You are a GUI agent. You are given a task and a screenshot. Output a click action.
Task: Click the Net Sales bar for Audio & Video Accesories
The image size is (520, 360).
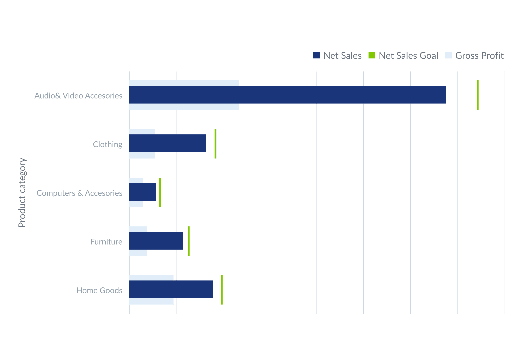pyautogui.click(x=287, y=95)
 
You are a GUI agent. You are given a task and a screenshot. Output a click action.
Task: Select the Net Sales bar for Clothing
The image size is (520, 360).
pyautogui.click(x=168, y=143)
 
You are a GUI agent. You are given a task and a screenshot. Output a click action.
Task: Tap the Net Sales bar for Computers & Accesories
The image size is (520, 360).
pyautogui.click(x=143, y=192)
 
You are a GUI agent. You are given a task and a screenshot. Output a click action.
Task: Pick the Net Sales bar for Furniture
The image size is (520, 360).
pyautogui.click(x=156, y=241)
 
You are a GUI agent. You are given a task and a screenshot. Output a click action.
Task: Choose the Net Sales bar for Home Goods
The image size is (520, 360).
pyautogui.click(x=171, y=289)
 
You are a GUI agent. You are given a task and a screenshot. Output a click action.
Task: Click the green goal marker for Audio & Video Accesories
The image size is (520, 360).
pyautogui.click(x=477, y=95)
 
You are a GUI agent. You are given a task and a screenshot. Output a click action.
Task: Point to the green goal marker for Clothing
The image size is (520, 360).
pyautogui.click(x=215, y=144)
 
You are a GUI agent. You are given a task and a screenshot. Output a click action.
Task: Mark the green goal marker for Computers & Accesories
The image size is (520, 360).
pyautogui.click(x=160, y=192)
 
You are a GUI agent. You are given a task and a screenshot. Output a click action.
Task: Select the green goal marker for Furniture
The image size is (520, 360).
pyautogui.click(x=189, y=241)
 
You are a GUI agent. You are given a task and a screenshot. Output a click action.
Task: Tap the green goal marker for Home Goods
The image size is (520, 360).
pyautogui.click(x=222, y=290)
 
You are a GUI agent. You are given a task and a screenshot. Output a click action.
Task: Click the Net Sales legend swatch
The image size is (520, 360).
pyautogui.click(x=316, y=55)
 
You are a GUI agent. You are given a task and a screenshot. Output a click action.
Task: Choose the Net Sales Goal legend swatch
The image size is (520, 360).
pyautogui.click(x=372, y=55)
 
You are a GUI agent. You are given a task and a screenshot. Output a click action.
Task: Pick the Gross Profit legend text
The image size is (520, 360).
pyautogui.click(x=479, y=56)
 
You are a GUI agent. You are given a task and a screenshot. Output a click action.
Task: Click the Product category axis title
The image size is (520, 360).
pyautogui.click(x=22, y=192)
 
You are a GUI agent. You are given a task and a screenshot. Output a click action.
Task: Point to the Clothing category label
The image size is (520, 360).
pyautogui.click(x=107, y=144)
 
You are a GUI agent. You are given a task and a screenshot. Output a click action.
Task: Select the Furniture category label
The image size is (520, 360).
pyautogui.click(x=106, y=242)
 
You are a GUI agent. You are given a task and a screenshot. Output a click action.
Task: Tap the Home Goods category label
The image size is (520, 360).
pyautogui.click(x=99, y=290)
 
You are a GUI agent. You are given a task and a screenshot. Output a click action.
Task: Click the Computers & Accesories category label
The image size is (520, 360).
pyautogui.click(x=79, y=193)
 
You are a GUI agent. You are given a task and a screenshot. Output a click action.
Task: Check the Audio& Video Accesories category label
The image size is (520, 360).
pyautogui.click(x=78, y=96)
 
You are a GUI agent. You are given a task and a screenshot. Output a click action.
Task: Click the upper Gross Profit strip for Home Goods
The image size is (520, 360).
pyautogui.click(x=151, y=278)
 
